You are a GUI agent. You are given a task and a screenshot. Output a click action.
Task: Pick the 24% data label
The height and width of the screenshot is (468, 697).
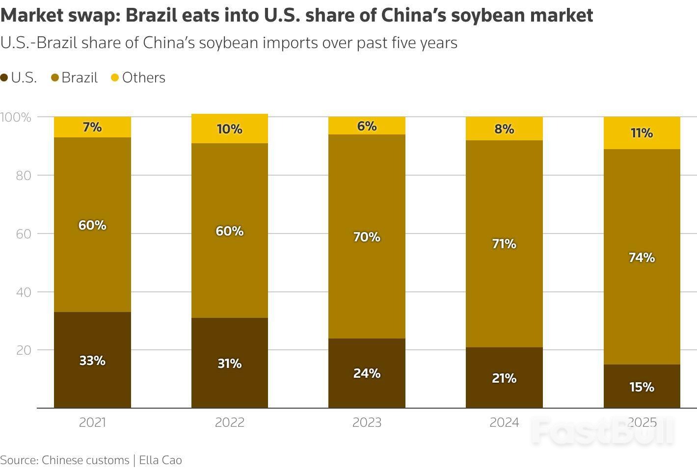pyautogui.click(x=367, y=373)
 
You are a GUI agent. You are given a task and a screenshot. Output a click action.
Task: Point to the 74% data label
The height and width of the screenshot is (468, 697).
pyautogui.click(x=642, y=258)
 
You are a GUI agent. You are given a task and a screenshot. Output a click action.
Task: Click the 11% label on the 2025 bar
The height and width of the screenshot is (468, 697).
pyautogui.click(x=642, y=133)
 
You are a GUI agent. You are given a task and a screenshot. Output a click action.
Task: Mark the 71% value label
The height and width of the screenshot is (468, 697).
pyautogui.click(x=504, y=244)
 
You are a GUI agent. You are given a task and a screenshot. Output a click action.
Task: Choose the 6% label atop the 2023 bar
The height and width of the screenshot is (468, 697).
pyautogui.click(x=367, y=127)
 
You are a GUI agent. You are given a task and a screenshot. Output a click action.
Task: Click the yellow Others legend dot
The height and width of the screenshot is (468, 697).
pyautogui.click(x=115, y=78)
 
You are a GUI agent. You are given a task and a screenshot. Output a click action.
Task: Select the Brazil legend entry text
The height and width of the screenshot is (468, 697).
pyautogui.click(x=80, y=78)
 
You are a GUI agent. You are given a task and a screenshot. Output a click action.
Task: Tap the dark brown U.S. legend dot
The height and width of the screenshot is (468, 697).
pyautogui.click(x=4, y=78)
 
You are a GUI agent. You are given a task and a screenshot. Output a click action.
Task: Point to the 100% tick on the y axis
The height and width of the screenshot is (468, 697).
pyautogui.click(x=16, y=117)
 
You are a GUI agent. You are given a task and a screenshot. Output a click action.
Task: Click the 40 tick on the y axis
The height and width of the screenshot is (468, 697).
pyautogui.click(x=24, y=292)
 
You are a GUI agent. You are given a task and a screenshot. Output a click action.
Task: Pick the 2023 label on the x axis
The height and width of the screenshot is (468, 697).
pyautogui.click(x=367, y=422)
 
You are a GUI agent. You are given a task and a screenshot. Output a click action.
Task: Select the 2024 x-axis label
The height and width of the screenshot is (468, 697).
pyautogui.click(x=504, y=422)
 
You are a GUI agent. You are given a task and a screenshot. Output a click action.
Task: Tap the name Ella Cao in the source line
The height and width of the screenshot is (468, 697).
pyautogui.click(x=161, y=460)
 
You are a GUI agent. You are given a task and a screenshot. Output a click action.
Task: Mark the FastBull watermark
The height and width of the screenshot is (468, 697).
pyautogui.click(x=603, y=431)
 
